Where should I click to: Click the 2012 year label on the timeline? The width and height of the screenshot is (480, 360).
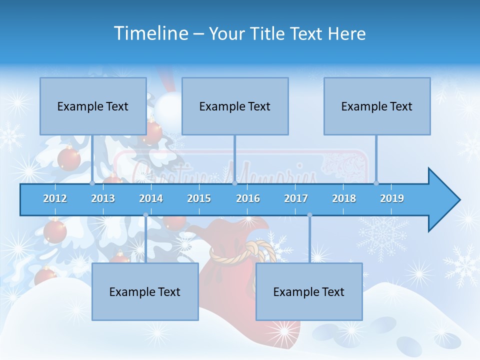[x=55, y=198]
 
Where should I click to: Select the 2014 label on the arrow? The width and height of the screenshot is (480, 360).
[x=151, y=198]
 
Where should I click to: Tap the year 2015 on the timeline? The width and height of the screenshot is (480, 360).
[x=199, y=198]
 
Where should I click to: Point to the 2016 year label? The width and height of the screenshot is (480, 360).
[x=248, y=198]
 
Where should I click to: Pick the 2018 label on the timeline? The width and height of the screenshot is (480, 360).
[x=344, y=198]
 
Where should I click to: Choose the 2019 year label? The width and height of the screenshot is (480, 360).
[x=392, y=198]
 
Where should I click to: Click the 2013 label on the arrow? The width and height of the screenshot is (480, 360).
[x=103, y=198]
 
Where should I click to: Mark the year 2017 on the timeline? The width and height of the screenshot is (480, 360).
[x=296, y=198]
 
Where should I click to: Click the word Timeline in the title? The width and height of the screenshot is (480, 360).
[x=150, y=33]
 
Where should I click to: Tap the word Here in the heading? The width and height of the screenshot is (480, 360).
[x=346, y=33]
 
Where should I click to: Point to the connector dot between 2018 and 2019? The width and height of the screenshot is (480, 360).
[x=376, y=183]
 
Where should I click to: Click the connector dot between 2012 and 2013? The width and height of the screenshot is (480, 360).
[x=92, y=183]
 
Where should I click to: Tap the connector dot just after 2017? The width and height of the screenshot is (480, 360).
[x=309, y=215]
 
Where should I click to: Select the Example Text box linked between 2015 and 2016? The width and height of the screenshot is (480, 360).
[x=235, y=106]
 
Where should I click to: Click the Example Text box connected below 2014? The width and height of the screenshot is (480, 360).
[x=145, y=291]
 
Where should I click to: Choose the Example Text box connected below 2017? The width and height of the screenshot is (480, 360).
[x=309, y=291]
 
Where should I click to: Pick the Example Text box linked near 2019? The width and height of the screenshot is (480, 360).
[x=377, y=106]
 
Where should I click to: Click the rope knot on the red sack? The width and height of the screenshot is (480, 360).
[x=250, y=250]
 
